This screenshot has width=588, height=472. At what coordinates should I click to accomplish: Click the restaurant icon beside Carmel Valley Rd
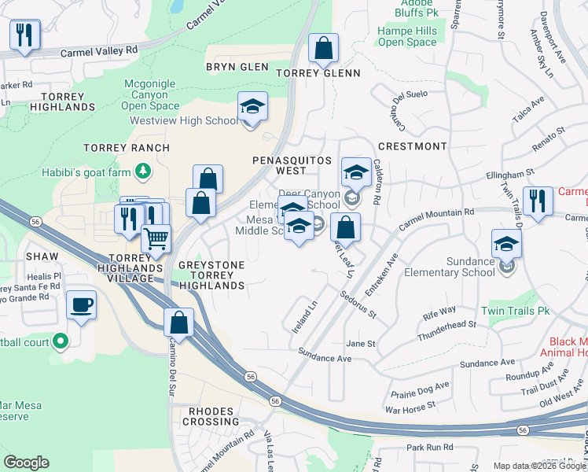coord(24,35)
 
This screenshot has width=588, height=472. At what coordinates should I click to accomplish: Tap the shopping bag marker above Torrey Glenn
coord(323,48)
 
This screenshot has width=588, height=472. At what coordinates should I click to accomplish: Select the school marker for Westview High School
coord(252,107)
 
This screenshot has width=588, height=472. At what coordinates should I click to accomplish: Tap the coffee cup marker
coord(81,305)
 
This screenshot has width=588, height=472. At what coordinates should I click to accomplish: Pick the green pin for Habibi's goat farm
coord(142,170)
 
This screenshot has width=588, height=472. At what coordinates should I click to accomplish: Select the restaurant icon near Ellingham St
coord(538,201)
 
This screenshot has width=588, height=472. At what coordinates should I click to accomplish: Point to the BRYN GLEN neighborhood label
coord(237,68)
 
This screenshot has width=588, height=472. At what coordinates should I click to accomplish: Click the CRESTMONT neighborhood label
coord(412,146)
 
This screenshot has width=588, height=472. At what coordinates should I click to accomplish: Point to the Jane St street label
coord(362,344)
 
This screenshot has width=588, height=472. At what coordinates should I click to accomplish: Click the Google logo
coord(26,463)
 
